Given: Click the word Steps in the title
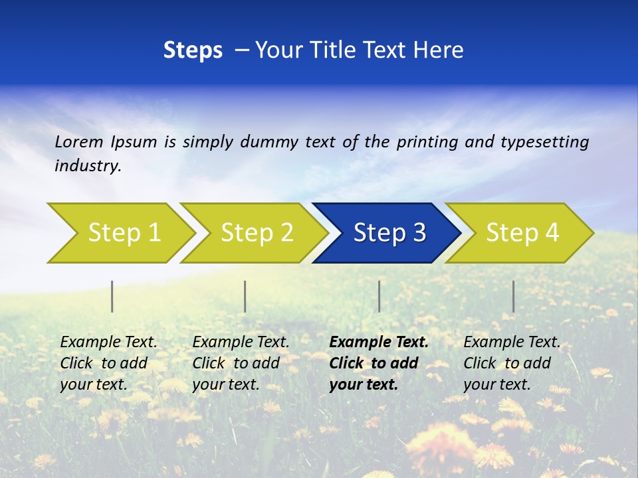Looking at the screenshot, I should pos(193,50).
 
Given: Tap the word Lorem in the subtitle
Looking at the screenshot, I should pos(79,141).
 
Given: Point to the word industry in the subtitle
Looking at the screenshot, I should pos(88,166).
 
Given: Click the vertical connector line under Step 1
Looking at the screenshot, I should pos(112,296).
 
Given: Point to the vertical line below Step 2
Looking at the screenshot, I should pos(245,296).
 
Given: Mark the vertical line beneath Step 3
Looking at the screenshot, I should pos(379,296).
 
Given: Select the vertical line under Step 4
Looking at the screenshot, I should pos(513,296).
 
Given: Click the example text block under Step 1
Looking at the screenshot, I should pos(108,363).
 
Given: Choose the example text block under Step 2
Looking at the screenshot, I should pos(241,363).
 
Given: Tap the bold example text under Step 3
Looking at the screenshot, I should pos(379,363).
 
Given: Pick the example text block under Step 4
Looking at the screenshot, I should pos(512,363).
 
